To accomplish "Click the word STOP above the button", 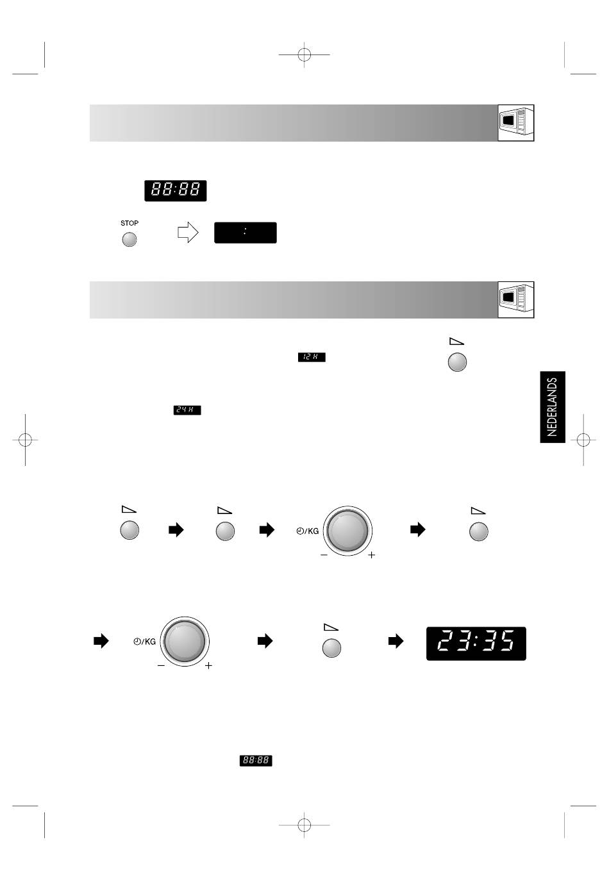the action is [x=129, y=223].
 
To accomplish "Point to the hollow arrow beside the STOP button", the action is [x=188, y=232].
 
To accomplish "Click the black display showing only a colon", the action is [x=245, y=233].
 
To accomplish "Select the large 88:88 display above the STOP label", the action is [x=175, y=190].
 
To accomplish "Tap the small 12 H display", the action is [x=312, y=357].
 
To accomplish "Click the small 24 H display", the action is [x=187, y=410].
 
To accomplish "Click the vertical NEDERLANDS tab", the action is [x=553, y=406].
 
